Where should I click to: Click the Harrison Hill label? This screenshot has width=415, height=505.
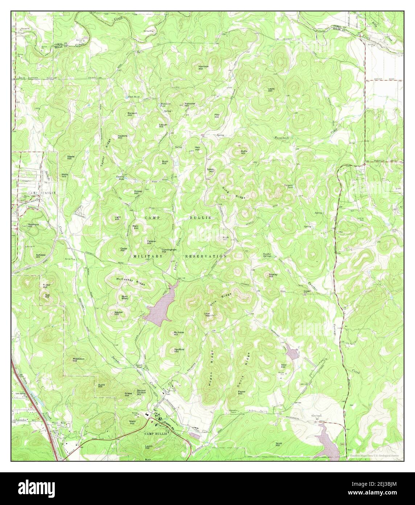(x=203, y=67)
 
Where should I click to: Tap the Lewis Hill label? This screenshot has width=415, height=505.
(x=271, y=89)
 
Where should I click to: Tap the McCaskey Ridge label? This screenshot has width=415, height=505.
(x=131, y=281)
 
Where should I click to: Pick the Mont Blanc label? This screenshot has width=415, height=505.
(x=125, y=298)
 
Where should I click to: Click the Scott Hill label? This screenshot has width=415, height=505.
(x=279, y=444)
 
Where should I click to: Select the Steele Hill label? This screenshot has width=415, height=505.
(x=70, y=157)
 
